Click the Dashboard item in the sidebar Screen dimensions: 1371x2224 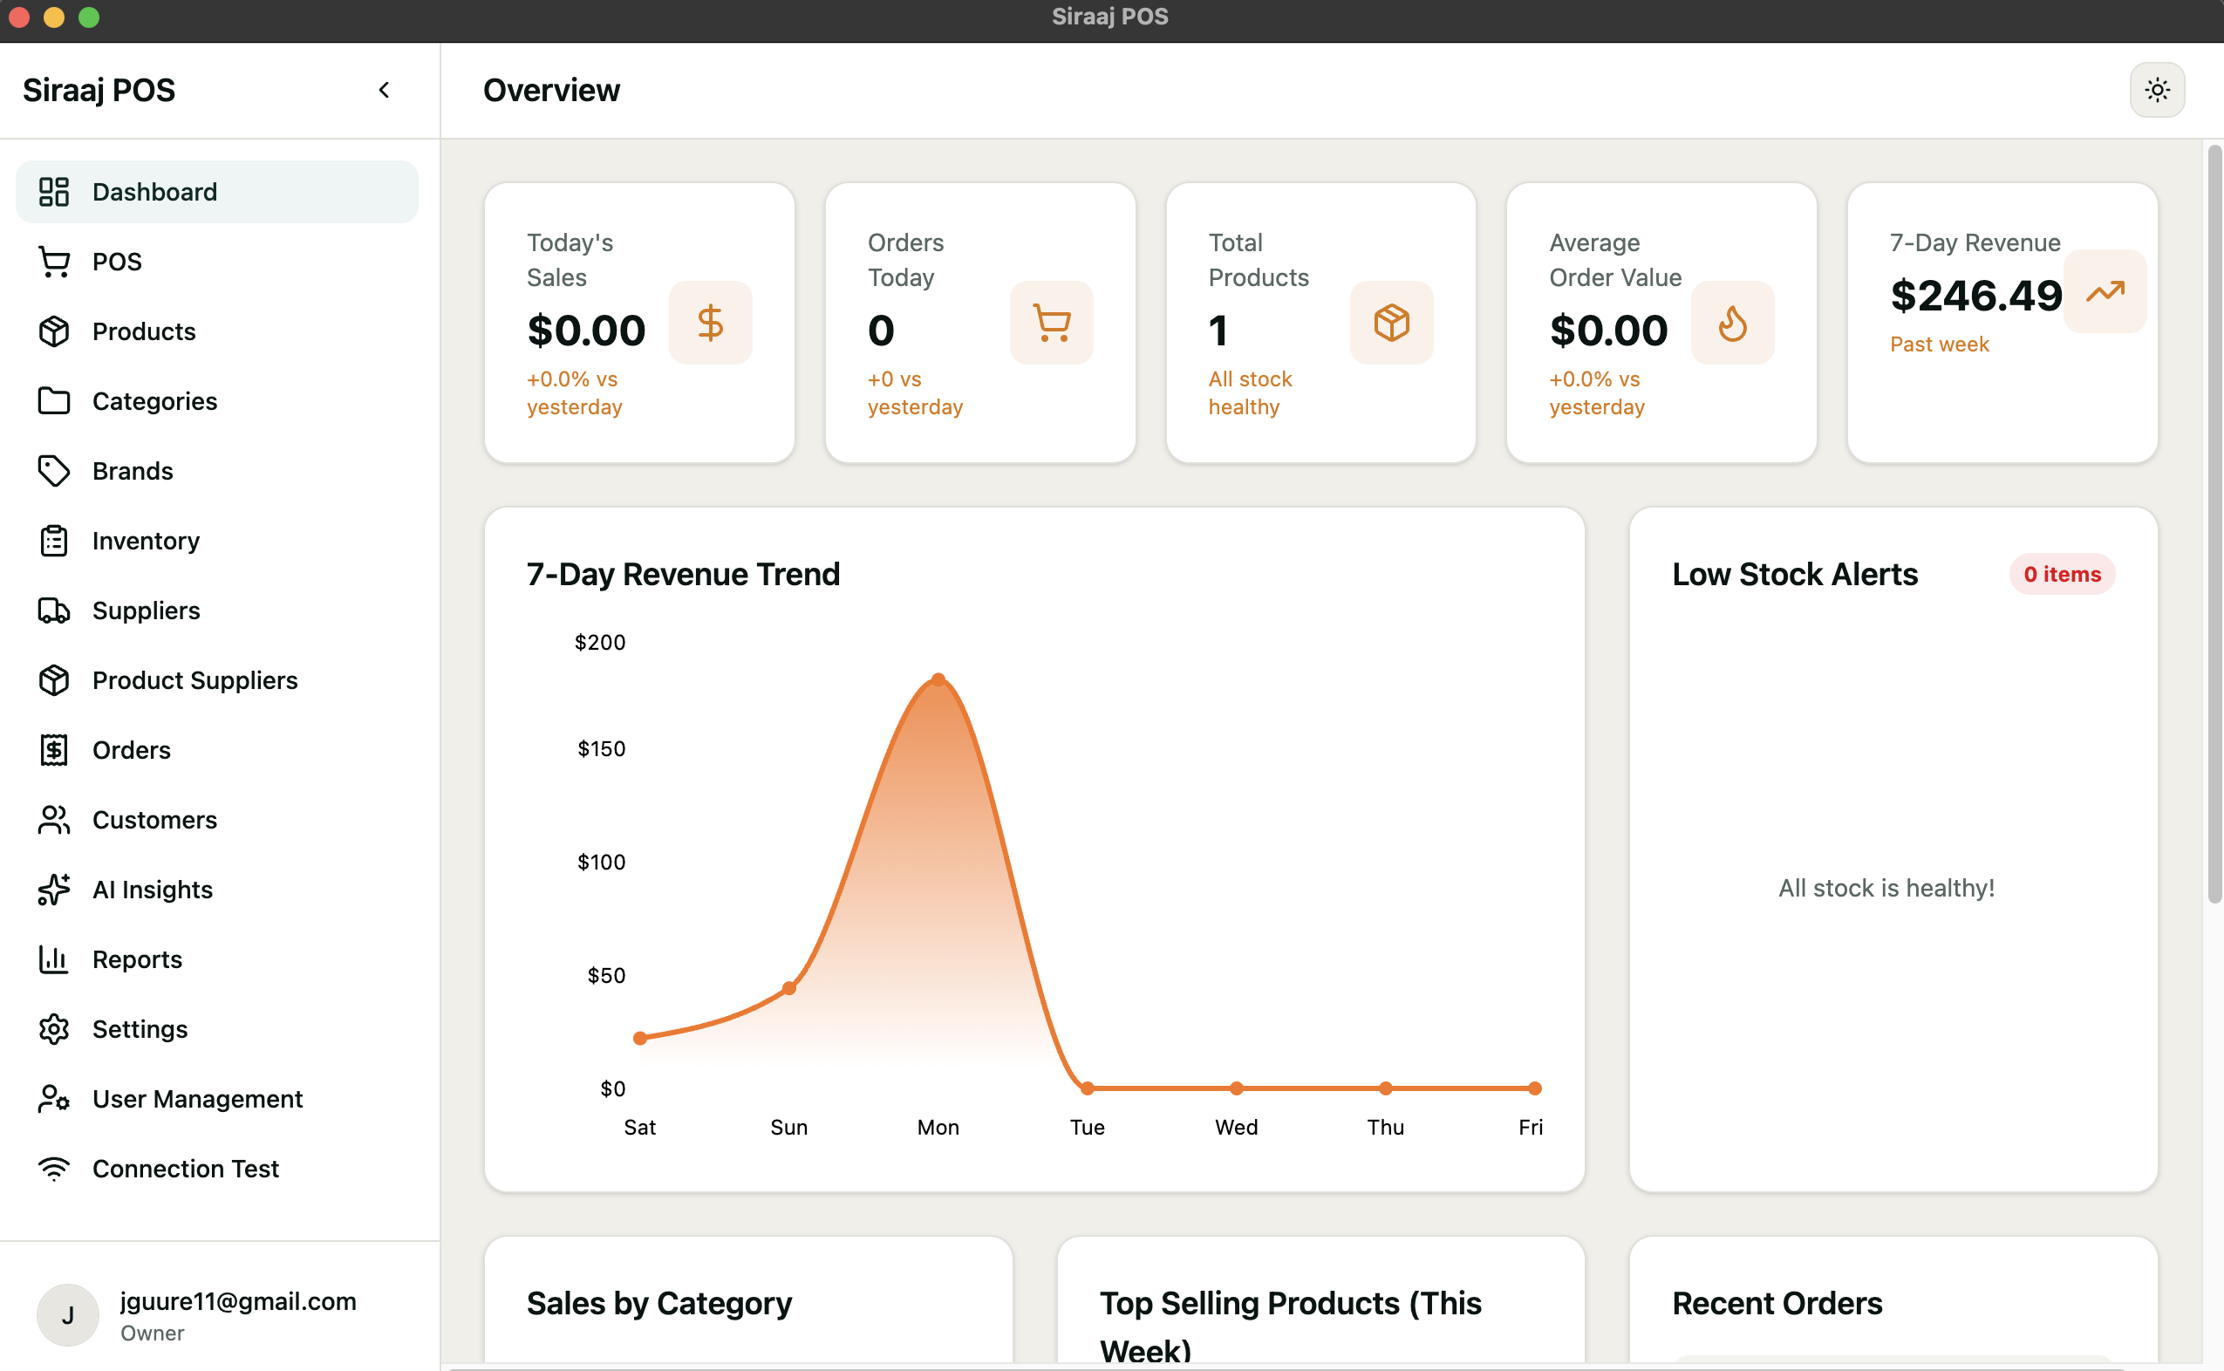(x=154, y=192)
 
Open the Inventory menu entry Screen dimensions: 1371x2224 (x=145, y=542)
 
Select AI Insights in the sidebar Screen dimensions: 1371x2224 (x=153, y=890)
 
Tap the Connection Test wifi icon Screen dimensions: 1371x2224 (x=53, y=1169)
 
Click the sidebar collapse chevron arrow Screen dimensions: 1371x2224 (x=385, y=90)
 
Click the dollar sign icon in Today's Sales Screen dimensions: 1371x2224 (x=710, y=323)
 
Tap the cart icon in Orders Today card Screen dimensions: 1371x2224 (x=1051, y=323)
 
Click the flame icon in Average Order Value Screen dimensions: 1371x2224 (x=1732, y=323)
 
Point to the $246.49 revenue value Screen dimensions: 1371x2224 (x=1975, y=296)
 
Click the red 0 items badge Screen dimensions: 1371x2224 (x=2062, y=575)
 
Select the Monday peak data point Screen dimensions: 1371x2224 (x=938, y=679)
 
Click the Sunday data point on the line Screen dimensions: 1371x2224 (x=788, y=988)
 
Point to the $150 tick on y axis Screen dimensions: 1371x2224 (x=601, y=749)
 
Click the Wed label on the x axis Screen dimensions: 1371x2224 (x=1236, y=1127)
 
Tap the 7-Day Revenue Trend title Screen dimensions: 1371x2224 (x=683, y=575)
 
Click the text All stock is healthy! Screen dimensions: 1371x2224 (x=1886, y=889)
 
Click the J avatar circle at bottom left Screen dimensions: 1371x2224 (x=67, y=1315)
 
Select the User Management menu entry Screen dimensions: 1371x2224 (x=197, y=1099)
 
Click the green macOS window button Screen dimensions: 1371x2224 (x=89, y=17)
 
